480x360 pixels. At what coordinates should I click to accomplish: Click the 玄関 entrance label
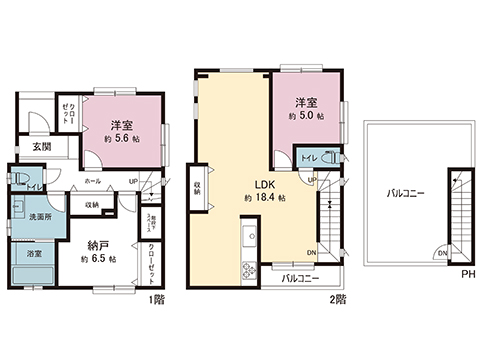tap(41, 147)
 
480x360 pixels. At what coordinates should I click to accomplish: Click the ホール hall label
tap(92, 182)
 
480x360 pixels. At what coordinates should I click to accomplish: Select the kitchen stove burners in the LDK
tap(249, 269)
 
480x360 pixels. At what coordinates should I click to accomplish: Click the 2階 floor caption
tap(340, 298)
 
